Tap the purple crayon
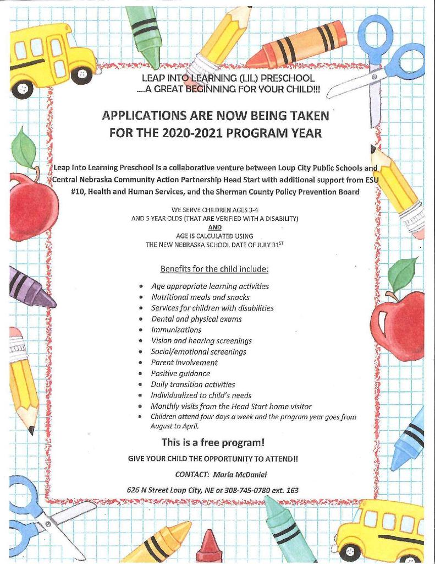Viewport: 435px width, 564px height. click(31, 288)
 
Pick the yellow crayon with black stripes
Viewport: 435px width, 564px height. click(157, 543)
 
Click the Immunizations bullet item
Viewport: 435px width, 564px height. click(176, 329)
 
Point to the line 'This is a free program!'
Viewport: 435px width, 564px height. click(213, 442)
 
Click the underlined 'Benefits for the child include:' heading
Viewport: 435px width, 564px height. click(214, 269)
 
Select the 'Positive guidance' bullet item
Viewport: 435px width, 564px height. click(180, 373)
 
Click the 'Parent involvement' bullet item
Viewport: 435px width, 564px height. click(184, 362)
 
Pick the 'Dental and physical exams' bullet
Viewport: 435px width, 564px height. click(196, 319)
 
